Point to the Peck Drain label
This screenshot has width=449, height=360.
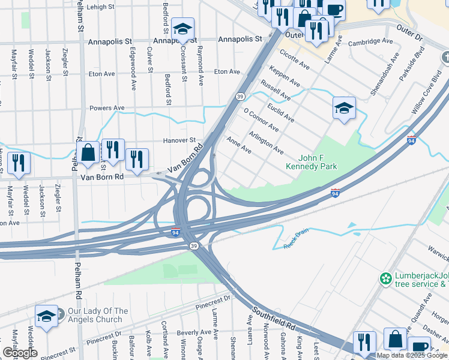click(x=295, y=240)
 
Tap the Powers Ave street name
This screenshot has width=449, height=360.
click(x=107, y=108)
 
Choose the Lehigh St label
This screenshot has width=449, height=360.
click(x=100, y=7)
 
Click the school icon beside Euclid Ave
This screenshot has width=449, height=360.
click(x=344, y=108)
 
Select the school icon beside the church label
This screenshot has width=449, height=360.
click(x=46, y=316)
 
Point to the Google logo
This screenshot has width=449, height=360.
click(x=19, y=353)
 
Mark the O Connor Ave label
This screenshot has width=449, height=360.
click(x=261, y=120)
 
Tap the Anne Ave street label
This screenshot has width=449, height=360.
click(x=239, y=145)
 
